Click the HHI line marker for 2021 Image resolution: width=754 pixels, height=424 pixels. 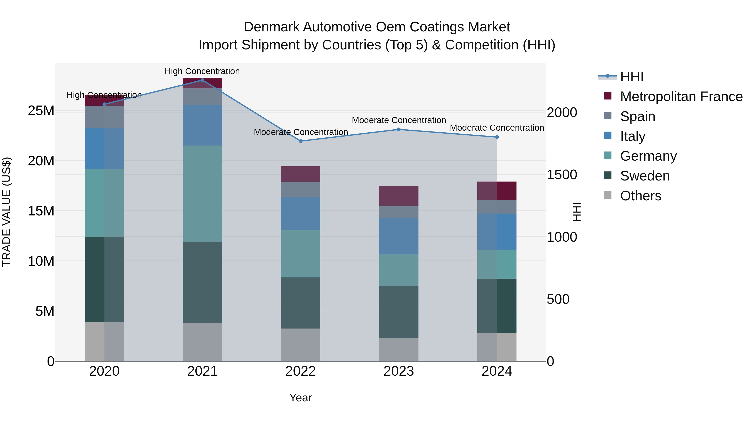coord(202,80)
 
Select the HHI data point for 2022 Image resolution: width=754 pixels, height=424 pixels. coord(301,141)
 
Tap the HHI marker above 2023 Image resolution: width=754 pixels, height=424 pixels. coord(399,129)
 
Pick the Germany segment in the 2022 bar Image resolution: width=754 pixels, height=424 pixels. coord(301,254)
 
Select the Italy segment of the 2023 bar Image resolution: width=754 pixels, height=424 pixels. coord(399,236)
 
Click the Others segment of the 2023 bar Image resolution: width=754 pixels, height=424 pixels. coord(399,349)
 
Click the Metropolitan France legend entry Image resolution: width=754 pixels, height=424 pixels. coord(681,97)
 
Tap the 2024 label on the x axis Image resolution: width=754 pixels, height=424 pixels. coord(497,371)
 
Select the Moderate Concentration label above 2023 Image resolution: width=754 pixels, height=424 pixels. coord(399,120)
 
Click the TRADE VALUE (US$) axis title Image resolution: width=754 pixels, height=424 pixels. coord(6,212)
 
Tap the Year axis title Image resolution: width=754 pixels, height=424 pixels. coord(301,398)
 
